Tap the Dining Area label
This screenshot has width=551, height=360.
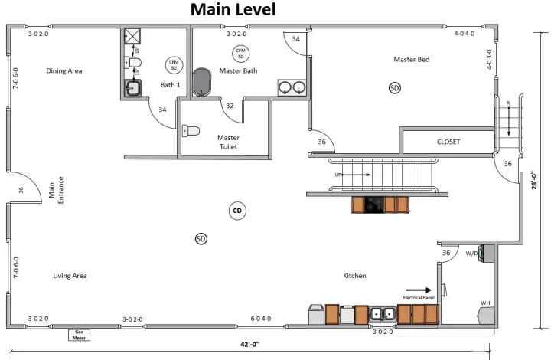click(x=64, y=71)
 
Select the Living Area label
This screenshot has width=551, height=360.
click(x=70, y=276)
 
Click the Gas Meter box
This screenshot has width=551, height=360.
click(x=78, y=334)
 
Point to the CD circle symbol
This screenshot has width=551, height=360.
click(x=237, y=210)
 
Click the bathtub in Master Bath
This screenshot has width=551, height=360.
click(x=202, y=83)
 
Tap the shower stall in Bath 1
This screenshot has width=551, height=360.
click(x=132, y=37)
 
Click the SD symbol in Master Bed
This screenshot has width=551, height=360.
click(x=394, y=88)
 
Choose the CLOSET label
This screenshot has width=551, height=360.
click(x=448, y=142)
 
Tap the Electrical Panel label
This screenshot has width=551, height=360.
click(x=419, y=296)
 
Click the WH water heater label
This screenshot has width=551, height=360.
click(x=484, y=303)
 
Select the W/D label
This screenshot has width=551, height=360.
click(x=473, y=253)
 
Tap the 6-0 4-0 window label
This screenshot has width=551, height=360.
click(x=261, y=319)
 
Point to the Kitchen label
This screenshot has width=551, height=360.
click(x=354, y=276)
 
